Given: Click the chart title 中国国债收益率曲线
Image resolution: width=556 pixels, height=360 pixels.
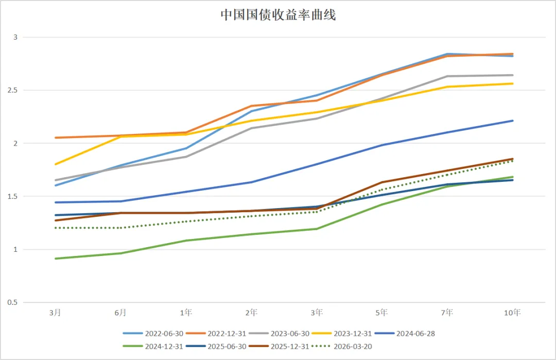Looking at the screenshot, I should click(x=278, y=15).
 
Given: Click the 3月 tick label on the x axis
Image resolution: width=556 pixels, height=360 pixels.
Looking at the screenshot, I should click(x=55, y=312).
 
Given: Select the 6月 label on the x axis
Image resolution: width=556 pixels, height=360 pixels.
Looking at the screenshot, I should click(x=120, y=312).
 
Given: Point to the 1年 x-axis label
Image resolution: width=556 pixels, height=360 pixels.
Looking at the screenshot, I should click(x=186, y=312).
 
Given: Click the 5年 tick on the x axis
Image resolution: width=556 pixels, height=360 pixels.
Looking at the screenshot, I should click(x=381, y=312).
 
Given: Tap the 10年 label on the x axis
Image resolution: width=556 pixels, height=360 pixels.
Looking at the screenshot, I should click(x=512, y=312).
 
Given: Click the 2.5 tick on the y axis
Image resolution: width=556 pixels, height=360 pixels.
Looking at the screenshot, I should click(x=13, y=90).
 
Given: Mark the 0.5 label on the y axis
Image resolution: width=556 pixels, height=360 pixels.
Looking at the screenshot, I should click(x=13, y=302).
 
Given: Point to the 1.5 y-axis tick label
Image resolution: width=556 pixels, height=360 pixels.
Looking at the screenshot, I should click(x=13, y=196).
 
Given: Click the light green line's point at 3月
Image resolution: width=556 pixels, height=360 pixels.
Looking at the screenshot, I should click(x=55, y=259).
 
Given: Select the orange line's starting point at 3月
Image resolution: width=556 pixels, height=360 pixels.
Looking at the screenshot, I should click(x=55, y=138).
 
